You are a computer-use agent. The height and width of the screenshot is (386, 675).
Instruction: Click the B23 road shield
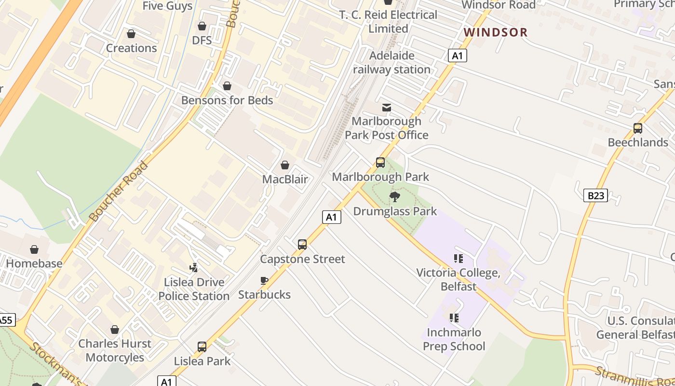point(595,195)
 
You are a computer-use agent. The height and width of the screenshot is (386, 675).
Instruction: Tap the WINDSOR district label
point(496,32)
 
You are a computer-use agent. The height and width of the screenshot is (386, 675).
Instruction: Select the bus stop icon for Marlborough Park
point(380,163)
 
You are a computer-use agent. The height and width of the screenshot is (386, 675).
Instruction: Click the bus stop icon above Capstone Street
point(302,245)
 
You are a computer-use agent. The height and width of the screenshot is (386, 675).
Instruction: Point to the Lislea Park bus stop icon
point(202,346)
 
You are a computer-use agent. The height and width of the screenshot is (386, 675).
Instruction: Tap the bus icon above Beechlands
point(638,128)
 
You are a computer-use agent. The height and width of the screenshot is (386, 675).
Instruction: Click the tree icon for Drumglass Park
point(395,196)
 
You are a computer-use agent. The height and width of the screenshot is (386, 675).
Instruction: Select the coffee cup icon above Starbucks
point(264,280)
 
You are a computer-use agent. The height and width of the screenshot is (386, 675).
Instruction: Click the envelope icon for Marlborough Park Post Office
point(387,107)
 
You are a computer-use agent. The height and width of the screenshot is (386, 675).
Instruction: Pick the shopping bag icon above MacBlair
point(285,165)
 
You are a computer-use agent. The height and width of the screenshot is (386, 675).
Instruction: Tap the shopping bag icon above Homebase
point(34,249)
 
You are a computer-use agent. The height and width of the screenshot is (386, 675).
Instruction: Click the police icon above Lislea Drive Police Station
point(194,267)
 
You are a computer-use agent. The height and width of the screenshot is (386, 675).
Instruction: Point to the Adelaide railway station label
point(391,62)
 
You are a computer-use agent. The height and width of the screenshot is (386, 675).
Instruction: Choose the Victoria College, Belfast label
point(458,279)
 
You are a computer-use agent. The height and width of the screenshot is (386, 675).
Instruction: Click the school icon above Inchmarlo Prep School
point(454,318)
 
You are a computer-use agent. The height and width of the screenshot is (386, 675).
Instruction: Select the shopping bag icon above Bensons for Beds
point(227,86)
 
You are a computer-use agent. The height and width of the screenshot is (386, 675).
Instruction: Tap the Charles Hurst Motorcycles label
point(115,351)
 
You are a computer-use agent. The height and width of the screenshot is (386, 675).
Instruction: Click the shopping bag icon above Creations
point(131,34)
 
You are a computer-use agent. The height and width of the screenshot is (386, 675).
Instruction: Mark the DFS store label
point(202,40)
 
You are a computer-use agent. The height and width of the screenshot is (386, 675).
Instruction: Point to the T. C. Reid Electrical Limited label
point(388,22)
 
